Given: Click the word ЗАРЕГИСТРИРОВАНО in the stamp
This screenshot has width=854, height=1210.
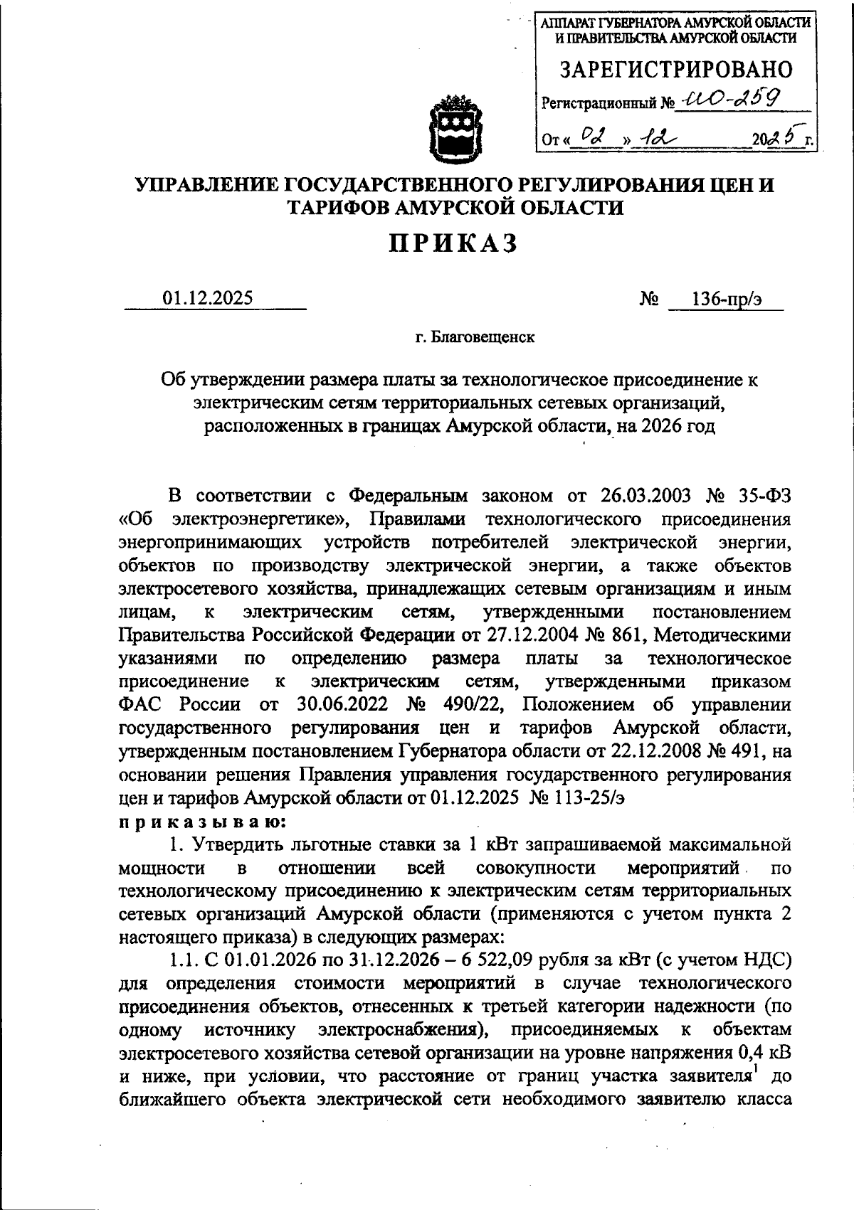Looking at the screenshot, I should pos(675,70).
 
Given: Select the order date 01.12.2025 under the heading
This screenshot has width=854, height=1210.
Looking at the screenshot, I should pos(208,298).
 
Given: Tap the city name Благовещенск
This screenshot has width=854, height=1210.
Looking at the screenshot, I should pos(483,337).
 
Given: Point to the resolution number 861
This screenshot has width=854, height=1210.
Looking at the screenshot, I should pos(625,635).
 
